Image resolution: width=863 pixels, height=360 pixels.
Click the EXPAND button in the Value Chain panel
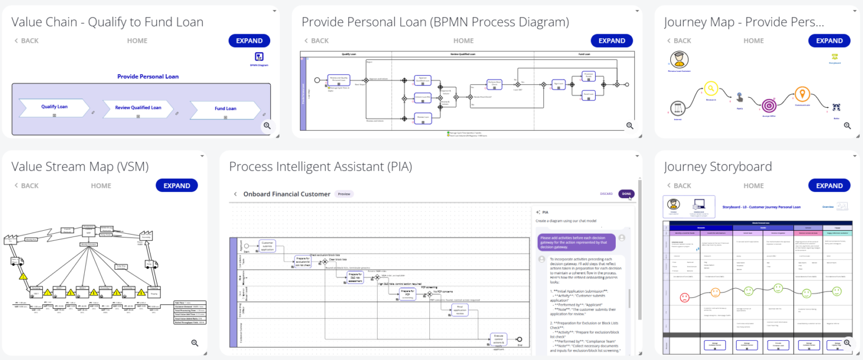click(249, 40)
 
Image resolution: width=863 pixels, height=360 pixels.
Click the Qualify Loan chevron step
click(54, 107)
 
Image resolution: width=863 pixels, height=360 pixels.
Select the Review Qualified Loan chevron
click(138, 108)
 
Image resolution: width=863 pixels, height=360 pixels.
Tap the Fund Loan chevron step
click(225, 109)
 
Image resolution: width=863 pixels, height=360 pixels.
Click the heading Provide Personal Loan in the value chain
click(148, 76)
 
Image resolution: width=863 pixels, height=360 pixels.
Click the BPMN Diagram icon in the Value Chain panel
click(259, 57)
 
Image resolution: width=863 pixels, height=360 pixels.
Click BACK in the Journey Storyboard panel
click(678, 185)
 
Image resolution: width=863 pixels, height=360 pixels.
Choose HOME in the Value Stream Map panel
click(101, 185)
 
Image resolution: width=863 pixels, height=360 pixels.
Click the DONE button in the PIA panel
click(626, 194)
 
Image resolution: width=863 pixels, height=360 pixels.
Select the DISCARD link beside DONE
click(606, 194)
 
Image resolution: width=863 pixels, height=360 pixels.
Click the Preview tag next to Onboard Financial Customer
click(344, 194)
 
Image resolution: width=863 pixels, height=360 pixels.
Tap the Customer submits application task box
click(267, 246)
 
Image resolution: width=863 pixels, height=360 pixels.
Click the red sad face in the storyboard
click(684, 297)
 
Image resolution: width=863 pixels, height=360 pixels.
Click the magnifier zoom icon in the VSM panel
click(194, 343)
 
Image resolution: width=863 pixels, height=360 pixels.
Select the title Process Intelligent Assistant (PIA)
click(320, 166)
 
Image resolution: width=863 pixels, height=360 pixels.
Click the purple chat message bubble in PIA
click(575, 241)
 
